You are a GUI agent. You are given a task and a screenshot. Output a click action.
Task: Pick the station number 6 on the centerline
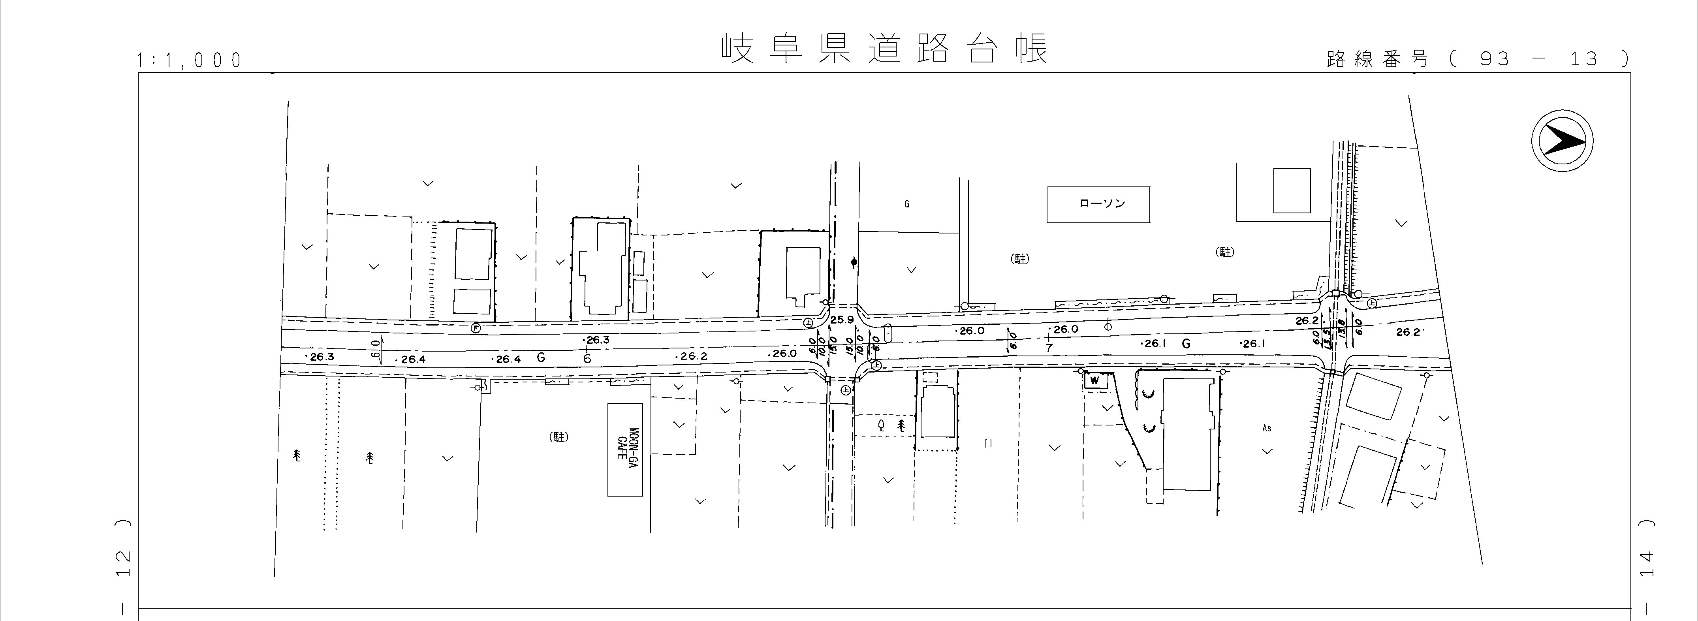(x=587, y=358)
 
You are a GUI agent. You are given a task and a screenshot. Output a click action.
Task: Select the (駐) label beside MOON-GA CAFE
(x=558, y=437)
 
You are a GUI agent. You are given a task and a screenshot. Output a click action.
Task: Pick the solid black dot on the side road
(x=854, y=262)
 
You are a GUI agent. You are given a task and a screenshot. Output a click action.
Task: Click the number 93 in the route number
(x=1495, y=59)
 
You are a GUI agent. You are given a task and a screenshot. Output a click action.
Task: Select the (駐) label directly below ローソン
(x=1020, y=259)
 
